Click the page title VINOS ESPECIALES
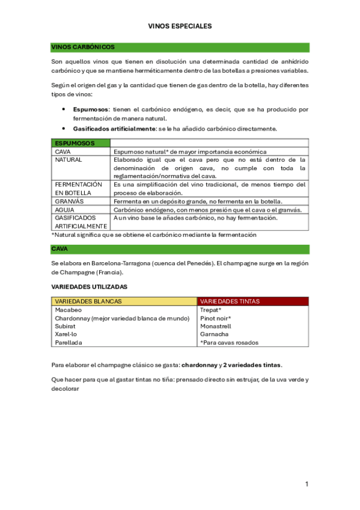pyautogui.click(x=180, y=26)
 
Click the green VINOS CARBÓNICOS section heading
pyautogui.click(x=83, y=47)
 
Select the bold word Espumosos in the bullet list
pyautogui.click(x=91, y=109)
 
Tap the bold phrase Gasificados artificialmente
pyautogui.click(x=114, y=129)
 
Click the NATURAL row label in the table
pyautogui.click(x=68, y=160)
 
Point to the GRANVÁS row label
pyautogui.click(x=69, y=201)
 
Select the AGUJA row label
pyautogui.click(x=64, y=209)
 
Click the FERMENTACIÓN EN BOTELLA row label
pyautogui.click(x=78, y=188)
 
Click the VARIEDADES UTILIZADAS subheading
pyautogui.click(x=89, y=287)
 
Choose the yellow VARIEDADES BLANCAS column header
pyautogui.click(x=88, y=301)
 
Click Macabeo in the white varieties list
pyautogui.click(x=68, y=310)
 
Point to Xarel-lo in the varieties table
pyautogui.click(x=66, y=334)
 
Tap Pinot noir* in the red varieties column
pyautogui.click(x=215, y=318)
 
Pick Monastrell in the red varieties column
pyautogui.click(x=215, y=326)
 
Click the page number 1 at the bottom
pyautogui.click(x=307, y=484)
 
